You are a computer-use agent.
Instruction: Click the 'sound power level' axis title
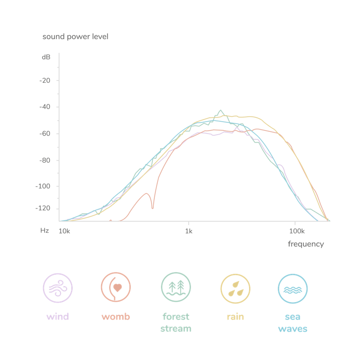(x=75, y=36)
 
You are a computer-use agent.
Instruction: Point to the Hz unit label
(x=45, y=231)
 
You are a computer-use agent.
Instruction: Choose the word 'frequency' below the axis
(x=306, y=244)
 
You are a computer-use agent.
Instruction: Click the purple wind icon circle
(x=58, y=287)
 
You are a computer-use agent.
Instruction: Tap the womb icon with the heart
(x=116, y=287)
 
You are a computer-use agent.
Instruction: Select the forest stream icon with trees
(x=176, y=287)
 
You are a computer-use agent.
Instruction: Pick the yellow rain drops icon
(x=235, y=287)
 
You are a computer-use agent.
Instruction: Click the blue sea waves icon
(x=292, y=287)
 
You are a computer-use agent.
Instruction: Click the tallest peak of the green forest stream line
(x=220, y=110)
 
